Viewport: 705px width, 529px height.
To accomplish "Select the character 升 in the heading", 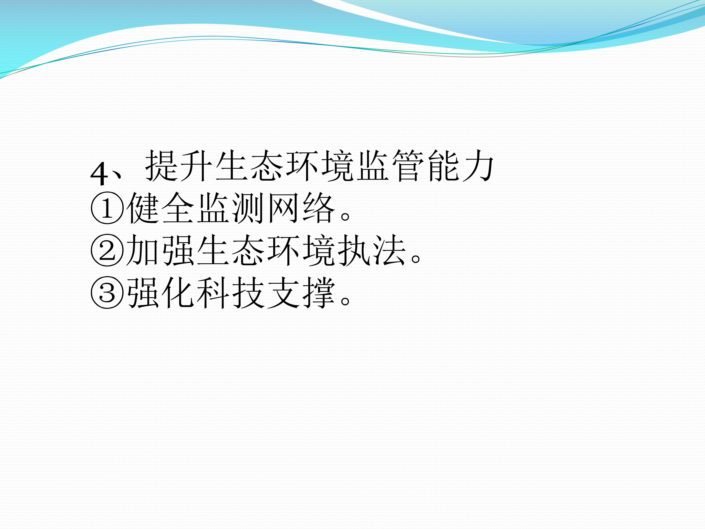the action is tap(197, 165).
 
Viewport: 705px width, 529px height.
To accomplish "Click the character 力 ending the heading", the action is tap(478, 165).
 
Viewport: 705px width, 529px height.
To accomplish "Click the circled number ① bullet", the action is tap(107, 208).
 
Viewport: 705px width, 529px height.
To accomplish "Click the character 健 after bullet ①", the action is tap(143, 208).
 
